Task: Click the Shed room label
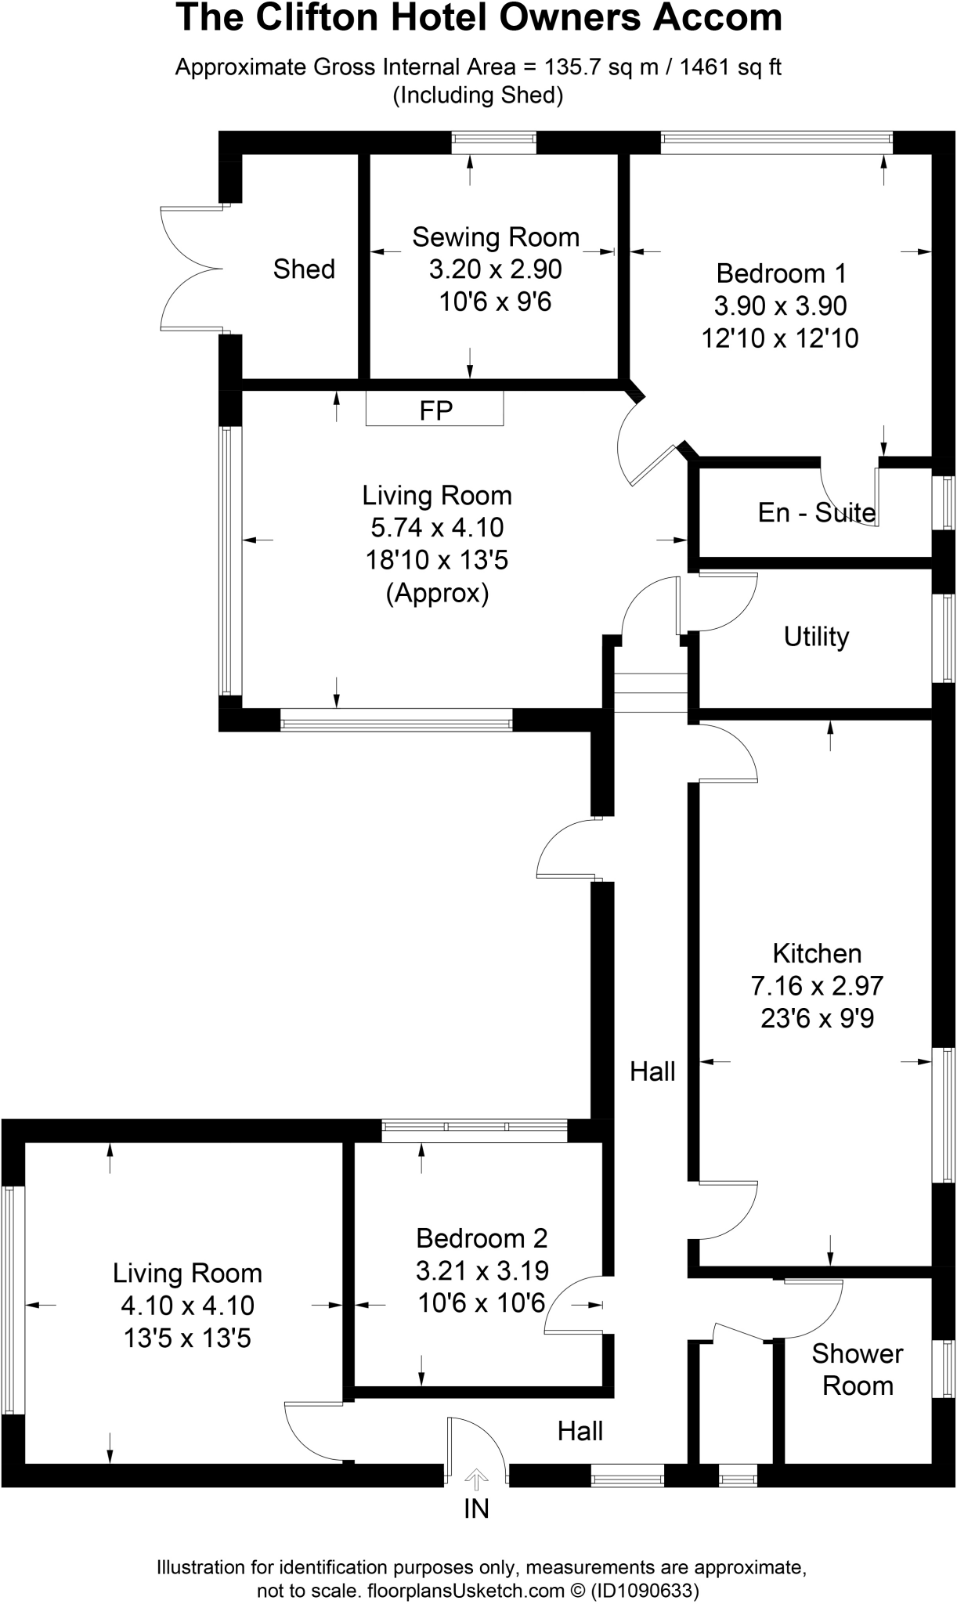pyautogui.click(x=304, y=269)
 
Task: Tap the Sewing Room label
pyautogui.click(x=496, y=237)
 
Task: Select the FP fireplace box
pyautogui.click(x=435, y=410)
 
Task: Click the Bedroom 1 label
pyautogui.click(x=781, y=273)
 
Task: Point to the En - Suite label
pyautogui.click(x=816, y=512)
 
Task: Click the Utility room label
pyautogui.click(x=816, y=636)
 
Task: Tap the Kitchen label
pyautogui.click(x=817, y=953)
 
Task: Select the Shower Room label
pyautogui.click(x=858, y=1369)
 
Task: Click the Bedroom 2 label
pyautogui.click(x=482, y=1238)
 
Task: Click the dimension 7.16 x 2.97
pyautogui.click(x=817, y=985)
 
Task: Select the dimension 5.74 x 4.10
pyautogui.click(x=437, y=528)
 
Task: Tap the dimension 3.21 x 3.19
pyautogui.click(x=482, y=1270)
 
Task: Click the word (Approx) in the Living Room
pyautogui.click(x=437, y=593)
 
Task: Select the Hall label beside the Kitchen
pyautogui.click(x=652, y=1071)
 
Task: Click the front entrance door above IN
pyautogui.click(x=475, y=1450)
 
